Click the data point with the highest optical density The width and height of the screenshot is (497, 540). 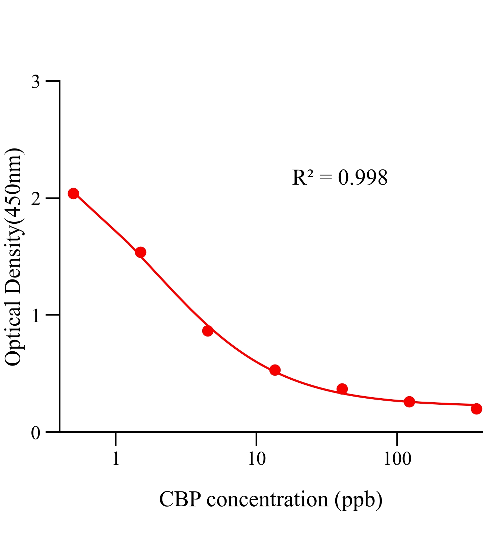pyautogui.click(x=73, y=193)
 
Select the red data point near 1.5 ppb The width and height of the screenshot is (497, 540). pyautogui.click(x=140, y=252)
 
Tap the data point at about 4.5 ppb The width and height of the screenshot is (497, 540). pyautogui.click(x=208, y=331)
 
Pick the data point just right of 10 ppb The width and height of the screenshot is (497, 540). pyautogui.click(x=275, y=370)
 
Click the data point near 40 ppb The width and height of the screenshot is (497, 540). pyautogui.click(x=342, y=389)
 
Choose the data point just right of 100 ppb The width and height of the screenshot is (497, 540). pyautogui.click(x=409, y=402)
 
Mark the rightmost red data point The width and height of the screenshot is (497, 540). pyautogui.click(x=476, y=409)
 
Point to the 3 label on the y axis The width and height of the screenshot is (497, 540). pyautogui.click(x=35, y=82)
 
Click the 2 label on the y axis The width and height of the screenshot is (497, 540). pyautogui.click(x=35, y=199)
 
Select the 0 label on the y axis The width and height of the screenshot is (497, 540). pyautogui.click(x=35, y=433)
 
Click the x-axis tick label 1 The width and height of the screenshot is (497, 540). pyautogui.click(x=116, y=459)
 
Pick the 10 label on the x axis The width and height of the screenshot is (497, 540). pyautogui.click(x=256, y=459)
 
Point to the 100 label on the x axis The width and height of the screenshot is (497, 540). pyautogui.click(x=397, y=459)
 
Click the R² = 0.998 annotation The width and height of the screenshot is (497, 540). pyautogui.click(x=340, y=178)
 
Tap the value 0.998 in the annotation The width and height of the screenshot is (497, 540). pyautogui.click(x=363, y=178)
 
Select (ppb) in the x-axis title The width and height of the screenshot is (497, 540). pyautogui.click(x=359, y=500)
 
